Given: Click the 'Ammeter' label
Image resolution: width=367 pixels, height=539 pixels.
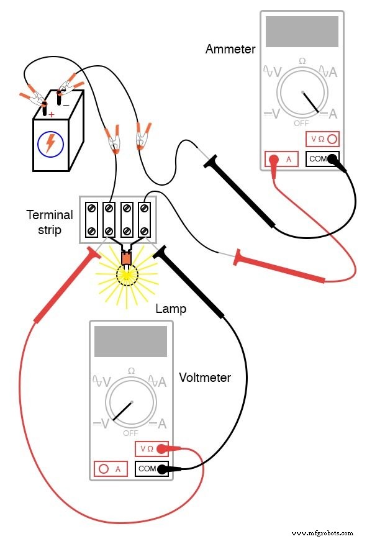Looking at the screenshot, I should (x=230, y=49).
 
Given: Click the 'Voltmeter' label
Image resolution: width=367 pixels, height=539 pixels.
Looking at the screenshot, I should (x=205, y=377).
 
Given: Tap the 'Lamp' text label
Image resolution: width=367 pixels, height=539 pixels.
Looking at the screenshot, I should (x=171, y=308).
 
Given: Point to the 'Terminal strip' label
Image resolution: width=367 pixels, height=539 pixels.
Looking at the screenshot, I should (x=50, y=222).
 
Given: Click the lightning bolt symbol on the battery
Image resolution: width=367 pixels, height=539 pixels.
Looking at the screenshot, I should (x=50, y=143).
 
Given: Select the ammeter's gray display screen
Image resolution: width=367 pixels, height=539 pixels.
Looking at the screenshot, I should (x=302, y=31).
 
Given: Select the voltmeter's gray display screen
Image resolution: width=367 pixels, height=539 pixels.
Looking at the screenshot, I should (x=130, y=341).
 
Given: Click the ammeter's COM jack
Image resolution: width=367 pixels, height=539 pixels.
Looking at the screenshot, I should (x=323, y=159).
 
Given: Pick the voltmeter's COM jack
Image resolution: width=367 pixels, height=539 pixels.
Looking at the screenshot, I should (x=152, y=469).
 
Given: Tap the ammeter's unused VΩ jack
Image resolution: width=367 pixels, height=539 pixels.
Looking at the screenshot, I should (x=322, y=140).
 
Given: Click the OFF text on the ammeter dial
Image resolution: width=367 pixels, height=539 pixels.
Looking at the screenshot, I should (x=301, y=124).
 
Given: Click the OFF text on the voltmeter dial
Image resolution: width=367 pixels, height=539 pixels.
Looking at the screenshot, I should (x=130, y=433).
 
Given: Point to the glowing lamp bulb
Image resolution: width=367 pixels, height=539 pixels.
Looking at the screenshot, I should (x=127, y=274).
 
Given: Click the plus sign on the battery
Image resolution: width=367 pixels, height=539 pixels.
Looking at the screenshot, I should (x=51, y=114).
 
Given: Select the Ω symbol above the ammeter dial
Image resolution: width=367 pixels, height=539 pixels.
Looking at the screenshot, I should (x=302, y=61).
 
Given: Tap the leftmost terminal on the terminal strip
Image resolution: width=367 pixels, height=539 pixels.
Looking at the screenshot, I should (x=92, y=219).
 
